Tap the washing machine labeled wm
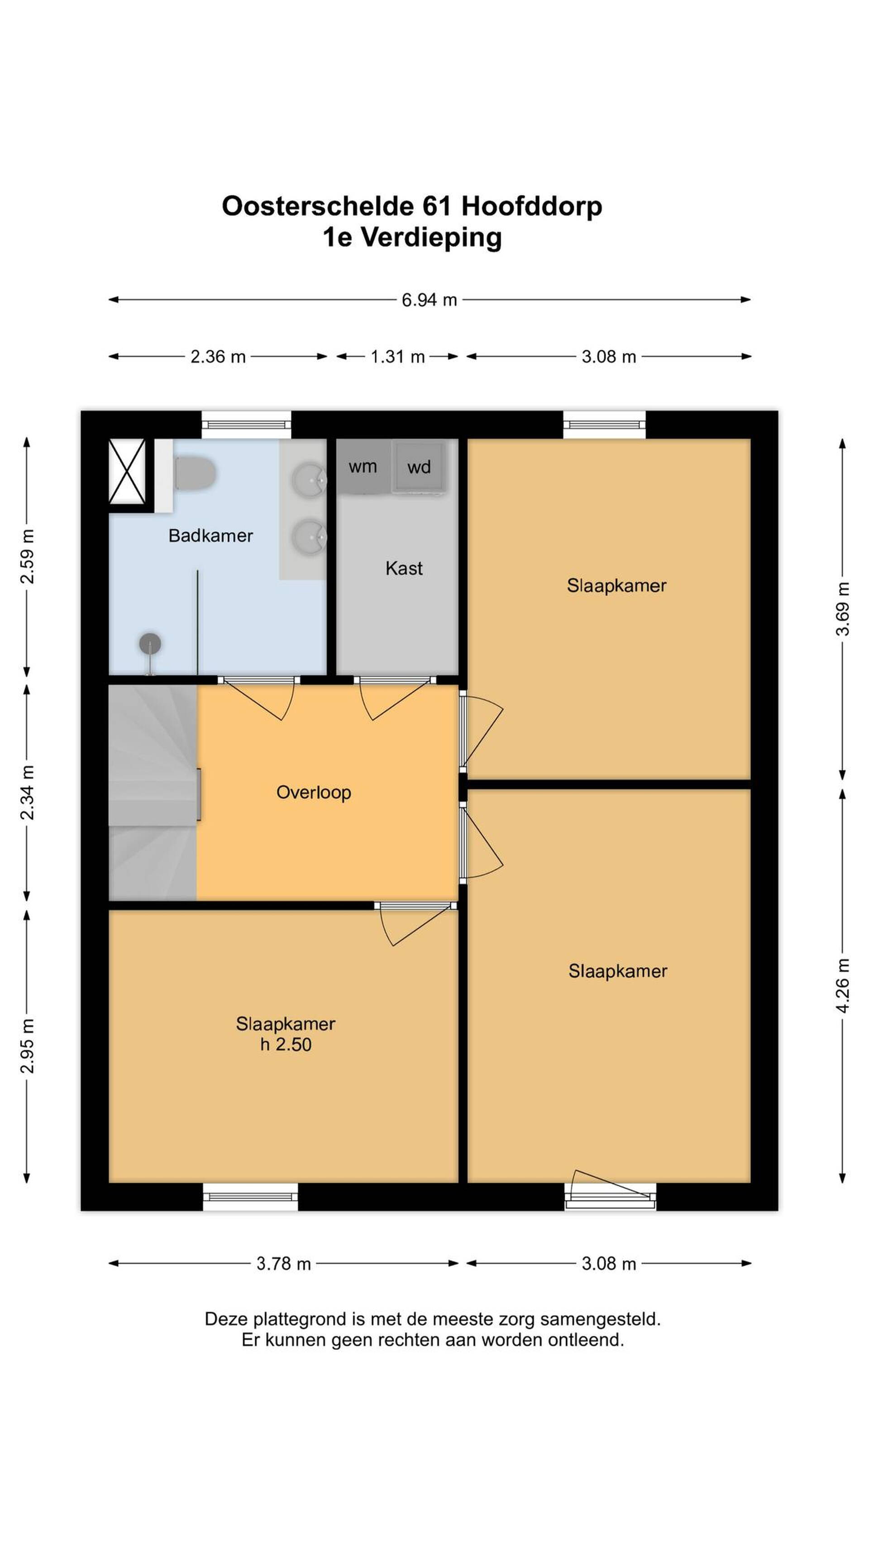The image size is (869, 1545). coord(363,467)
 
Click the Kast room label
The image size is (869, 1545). coord(404,568)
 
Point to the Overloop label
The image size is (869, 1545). coord(314,792)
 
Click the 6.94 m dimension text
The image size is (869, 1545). coord(430,300)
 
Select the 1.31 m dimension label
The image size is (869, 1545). coord(398,357)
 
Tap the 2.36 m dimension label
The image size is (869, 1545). coord(218,357)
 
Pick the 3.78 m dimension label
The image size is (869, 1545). coord(284,1264)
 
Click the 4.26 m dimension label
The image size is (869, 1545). coord(843,986)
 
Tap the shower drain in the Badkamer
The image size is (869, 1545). coord(150,644)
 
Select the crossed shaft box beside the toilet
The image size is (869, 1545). coord(127,471)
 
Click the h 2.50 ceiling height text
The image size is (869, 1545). coord(286,1044)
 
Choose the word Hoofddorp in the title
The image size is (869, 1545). coord(531,207)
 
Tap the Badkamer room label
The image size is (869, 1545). coord(210,536)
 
